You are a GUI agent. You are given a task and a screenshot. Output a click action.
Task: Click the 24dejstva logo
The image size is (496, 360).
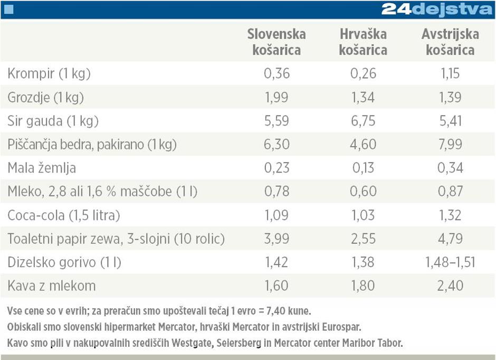tap(437, 10)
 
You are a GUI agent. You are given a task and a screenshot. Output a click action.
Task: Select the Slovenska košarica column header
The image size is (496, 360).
tap(276, 42)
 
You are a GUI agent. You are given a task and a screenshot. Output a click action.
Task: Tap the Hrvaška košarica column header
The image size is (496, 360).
tap(363, 42)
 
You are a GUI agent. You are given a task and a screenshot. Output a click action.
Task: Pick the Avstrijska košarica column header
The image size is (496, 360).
tap(450, 42)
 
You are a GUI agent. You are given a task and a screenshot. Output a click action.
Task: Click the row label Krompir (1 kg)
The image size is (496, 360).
tap(49, 73)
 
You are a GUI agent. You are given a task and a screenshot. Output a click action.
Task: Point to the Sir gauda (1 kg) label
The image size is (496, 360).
tap(53, 121)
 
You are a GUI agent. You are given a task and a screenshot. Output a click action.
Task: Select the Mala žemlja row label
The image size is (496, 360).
tap(42, 168)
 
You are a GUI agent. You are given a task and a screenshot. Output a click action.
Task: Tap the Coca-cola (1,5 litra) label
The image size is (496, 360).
tap(64, 215)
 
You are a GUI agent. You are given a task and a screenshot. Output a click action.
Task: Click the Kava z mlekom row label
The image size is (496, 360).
tap(52, 286)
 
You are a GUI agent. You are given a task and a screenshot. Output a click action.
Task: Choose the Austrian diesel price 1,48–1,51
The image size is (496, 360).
tap(450, 262)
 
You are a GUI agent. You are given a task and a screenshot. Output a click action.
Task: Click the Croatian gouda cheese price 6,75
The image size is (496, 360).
tap(363, 121)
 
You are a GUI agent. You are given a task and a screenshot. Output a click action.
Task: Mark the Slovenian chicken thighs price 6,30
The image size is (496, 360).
tap(276, 145)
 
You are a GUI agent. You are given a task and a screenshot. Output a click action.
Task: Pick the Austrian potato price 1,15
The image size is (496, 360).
tap(450, 73)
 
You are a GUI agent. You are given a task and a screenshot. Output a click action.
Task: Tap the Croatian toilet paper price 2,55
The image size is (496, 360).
tap(363, 239)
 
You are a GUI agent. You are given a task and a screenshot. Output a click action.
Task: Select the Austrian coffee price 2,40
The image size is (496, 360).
tap(450, 286)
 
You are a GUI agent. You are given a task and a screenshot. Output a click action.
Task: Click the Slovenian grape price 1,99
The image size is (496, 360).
tap(276, 97)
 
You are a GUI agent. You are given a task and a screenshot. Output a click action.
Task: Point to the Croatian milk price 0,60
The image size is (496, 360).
tap(363, 192)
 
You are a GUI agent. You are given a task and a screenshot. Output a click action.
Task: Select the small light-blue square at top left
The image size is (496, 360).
tap(8, 9)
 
